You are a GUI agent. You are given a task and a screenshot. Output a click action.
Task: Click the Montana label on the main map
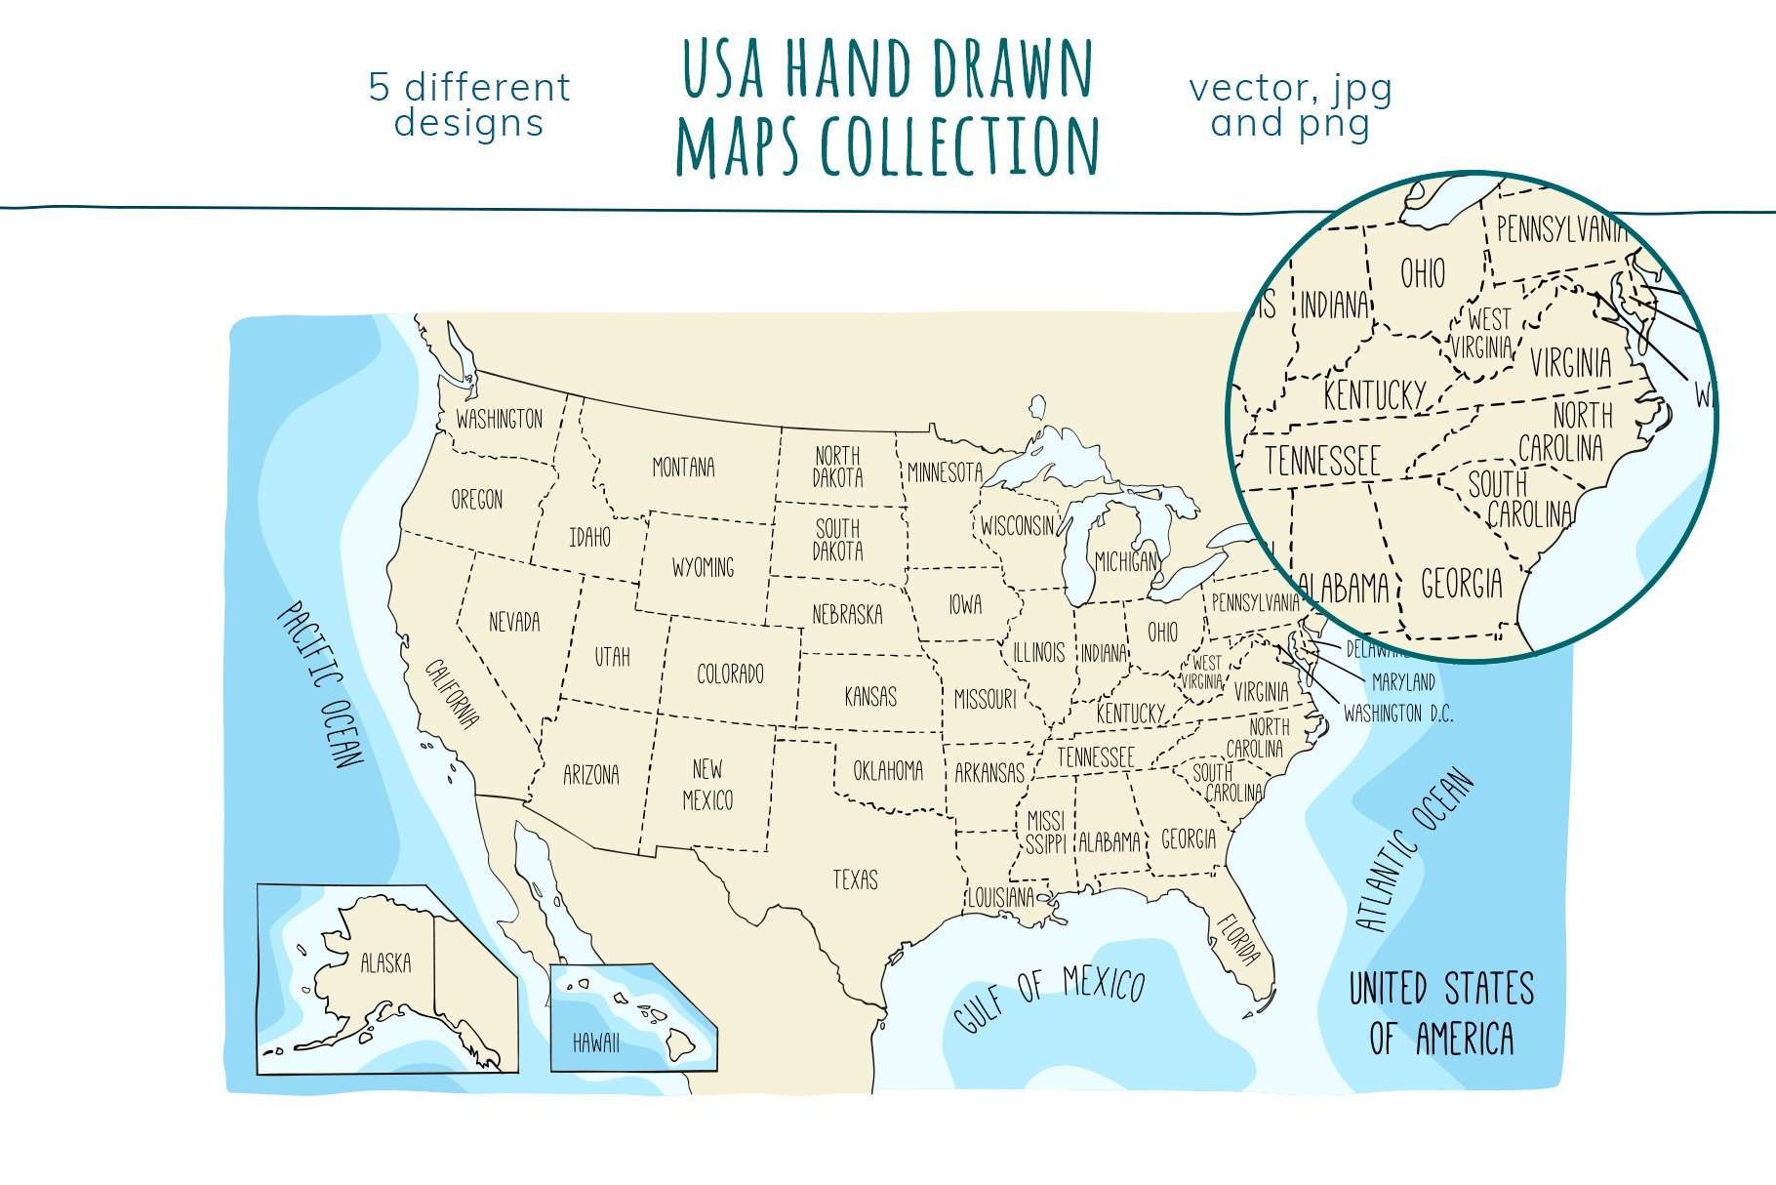(683, 468)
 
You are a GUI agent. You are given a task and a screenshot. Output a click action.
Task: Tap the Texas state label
(855, 879)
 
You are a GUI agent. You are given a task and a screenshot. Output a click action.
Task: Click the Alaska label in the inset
(385, 963)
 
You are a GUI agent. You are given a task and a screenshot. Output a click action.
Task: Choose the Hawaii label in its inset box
(595, 1042)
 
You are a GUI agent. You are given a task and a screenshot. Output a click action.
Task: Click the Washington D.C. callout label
(1397, 714)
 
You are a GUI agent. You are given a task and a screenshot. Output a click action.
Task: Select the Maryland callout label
(1403, 681)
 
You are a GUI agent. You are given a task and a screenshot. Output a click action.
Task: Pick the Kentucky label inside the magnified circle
(1374, 395)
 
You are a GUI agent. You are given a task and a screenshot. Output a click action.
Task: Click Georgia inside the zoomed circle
(1461, 584)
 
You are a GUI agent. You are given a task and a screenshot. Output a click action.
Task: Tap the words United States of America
(1440, 1013)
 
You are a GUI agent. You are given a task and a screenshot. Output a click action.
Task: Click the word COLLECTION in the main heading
(960, 146)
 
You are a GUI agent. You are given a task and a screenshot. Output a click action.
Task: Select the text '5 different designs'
(468, 105)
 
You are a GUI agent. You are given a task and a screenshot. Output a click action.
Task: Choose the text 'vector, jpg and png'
(1290, 105)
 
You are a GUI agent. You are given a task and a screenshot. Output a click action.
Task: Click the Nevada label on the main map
(513, 622)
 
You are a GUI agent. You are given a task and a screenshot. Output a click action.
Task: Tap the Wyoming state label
(703, 567)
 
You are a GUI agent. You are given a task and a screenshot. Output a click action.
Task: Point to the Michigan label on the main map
(1126, 561)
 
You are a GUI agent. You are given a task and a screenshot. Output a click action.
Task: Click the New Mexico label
(707, 785)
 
